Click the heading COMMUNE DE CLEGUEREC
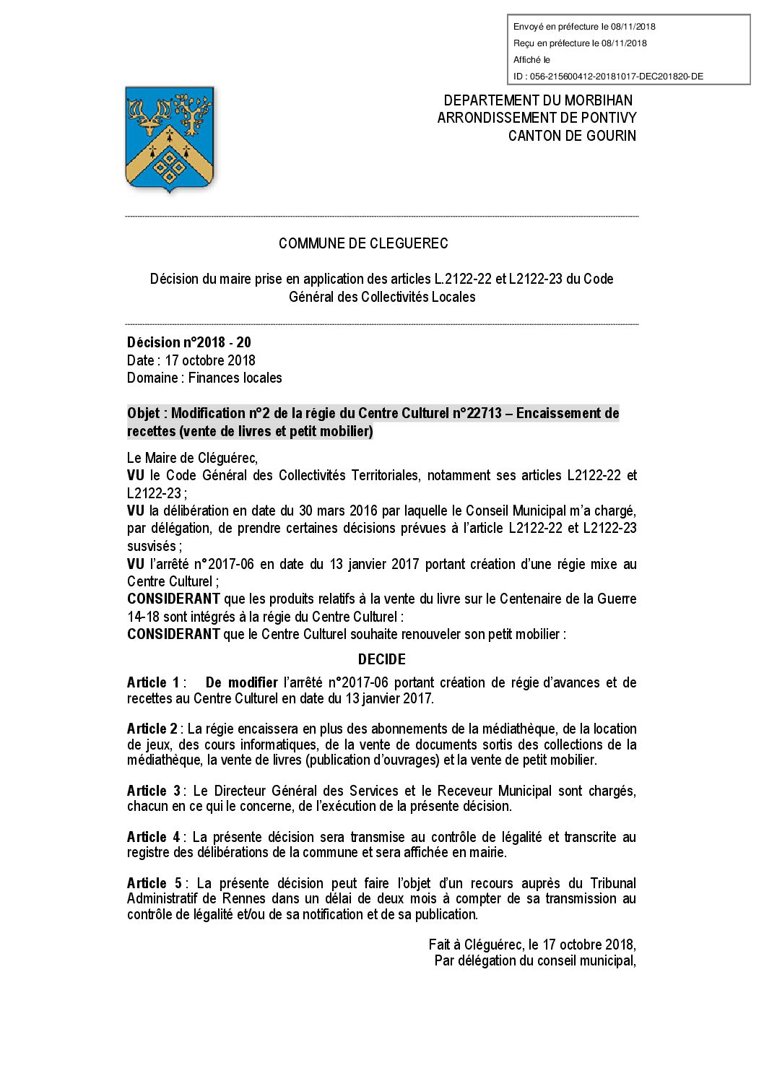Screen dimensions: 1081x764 click(x=363, y=243)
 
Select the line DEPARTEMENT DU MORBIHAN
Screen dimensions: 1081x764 click(x=538, y=100)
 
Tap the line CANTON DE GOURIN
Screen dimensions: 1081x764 click(x=572, y=136)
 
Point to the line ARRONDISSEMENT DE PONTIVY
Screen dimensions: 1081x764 click(x=537, y=118)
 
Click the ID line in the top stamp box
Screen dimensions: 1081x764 click(x=608, y=77)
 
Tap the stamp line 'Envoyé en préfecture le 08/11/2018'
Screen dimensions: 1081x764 click(x=584, y=27)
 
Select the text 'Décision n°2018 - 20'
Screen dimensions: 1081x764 click(x=189, y=342)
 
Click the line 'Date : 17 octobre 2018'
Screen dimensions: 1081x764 click(x=191, y=360)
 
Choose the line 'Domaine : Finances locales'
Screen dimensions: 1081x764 click(x=204, y=378)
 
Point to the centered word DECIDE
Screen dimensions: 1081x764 click(x=382, y=659)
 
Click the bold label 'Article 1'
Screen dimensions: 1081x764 click(x=153, y=682)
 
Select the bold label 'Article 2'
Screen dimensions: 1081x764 click(x=152, y=729)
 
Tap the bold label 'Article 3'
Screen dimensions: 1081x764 click(x=154, y=791)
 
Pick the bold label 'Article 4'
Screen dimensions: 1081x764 click(x=154, y=837)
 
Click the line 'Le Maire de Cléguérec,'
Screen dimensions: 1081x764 click(x=192, y=458)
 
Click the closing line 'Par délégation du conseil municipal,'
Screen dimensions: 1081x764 click(x=535, y=960)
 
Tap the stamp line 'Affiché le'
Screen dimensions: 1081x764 click(x=531, y=60)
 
